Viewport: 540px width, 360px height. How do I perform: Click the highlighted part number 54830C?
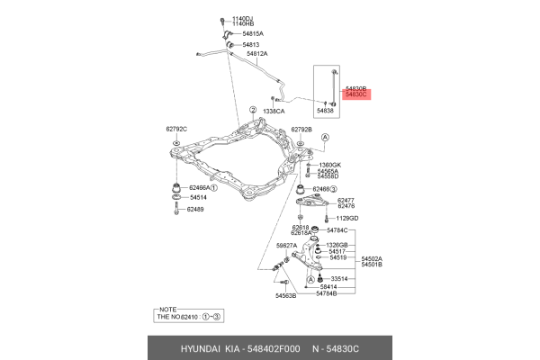click(357, 93)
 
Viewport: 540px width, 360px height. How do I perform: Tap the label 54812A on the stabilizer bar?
click(258, 53)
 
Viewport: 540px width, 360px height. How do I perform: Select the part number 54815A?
click(255, 33)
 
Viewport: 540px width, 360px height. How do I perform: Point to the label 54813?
click(250, 44)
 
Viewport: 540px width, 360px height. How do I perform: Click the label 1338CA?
click(274, 112)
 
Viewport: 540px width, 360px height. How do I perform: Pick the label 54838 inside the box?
click(324, 111)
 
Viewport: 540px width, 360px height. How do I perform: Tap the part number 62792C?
click(176, 129)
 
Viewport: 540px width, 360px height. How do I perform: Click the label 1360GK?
click(330, 165)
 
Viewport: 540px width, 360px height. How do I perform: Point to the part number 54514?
click(197, 197)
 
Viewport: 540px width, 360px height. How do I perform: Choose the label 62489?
click(196, 210)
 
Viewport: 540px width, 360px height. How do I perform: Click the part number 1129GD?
click(347, 218)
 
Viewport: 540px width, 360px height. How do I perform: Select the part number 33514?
click(346, 279)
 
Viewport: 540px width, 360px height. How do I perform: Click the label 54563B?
click(286, 295)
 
